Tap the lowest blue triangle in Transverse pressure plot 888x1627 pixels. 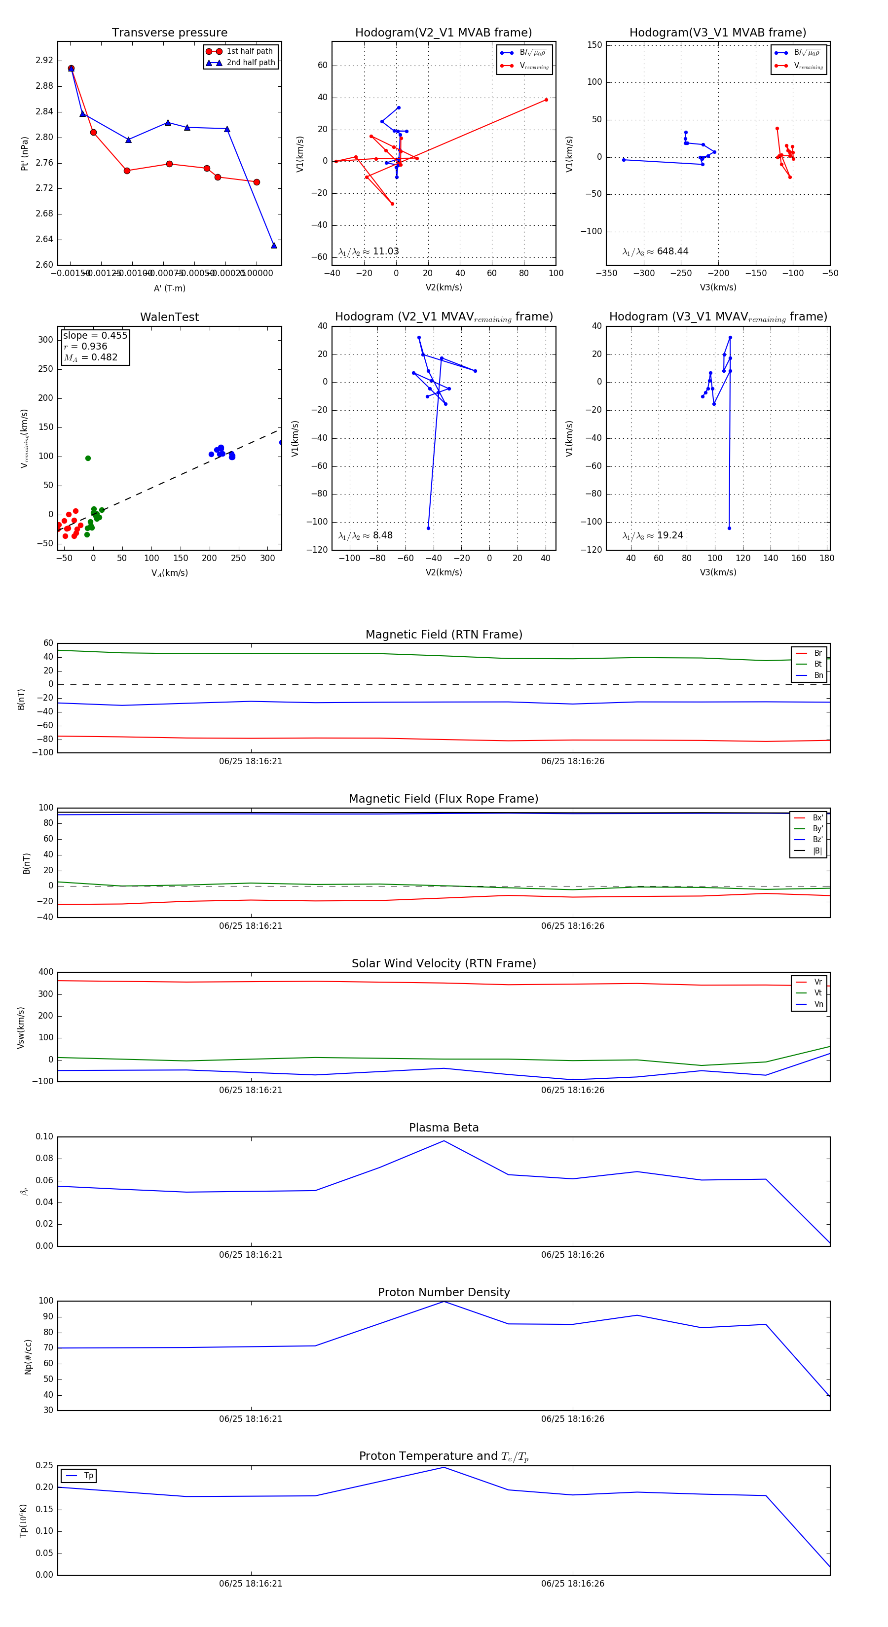click(274, 245)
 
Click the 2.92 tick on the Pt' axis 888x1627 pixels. click(44, 61)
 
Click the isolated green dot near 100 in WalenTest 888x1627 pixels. click(88, 459)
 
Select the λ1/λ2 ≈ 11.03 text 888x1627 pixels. click(369, 251)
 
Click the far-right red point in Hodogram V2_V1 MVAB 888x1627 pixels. click(546, 100)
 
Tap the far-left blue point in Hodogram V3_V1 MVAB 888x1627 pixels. click(624, 160)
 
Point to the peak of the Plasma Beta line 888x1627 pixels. click(444, 1141)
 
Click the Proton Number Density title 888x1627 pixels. click(444, 1292)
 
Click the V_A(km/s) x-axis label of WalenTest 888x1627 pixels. click(169, 573)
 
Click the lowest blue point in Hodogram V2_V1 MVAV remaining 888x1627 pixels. click(429, 528)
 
